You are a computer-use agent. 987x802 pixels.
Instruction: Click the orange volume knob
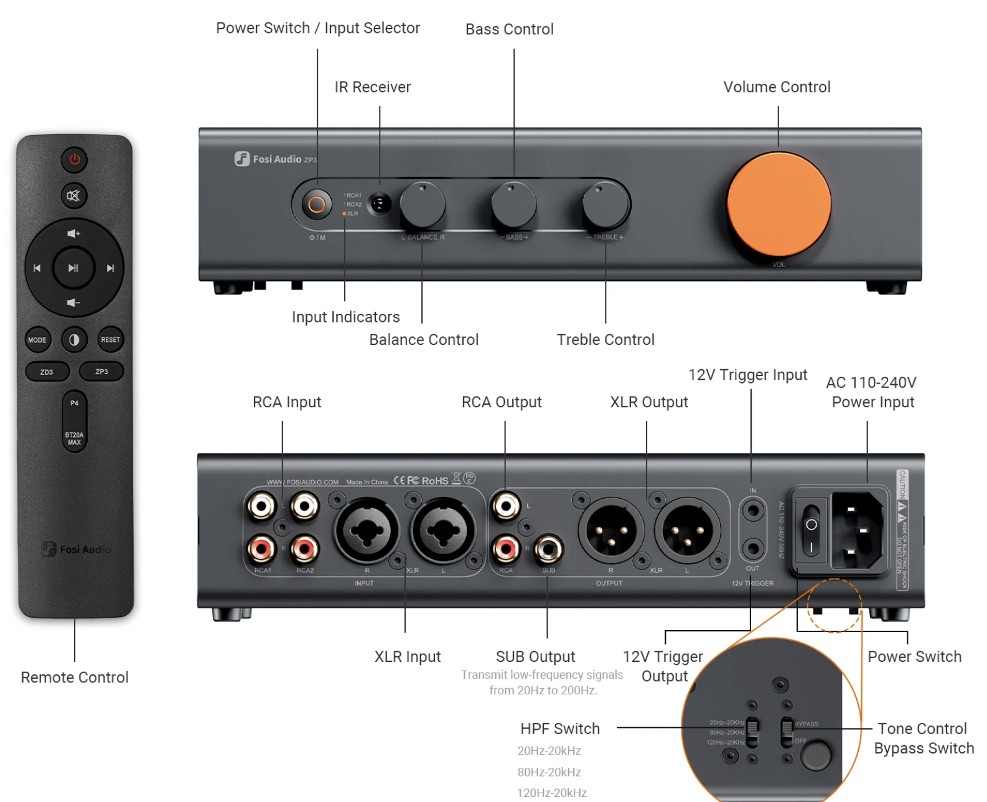[779, 204]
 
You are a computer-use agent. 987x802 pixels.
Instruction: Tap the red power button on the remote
[74, 159]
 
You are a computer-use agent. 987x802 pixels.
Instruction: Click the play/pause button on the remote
[73, 268]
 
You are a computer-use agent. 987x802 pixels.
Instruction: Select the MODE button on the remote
[37, 340]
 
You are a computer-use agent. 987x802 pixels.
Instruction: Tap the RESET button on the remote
[110, 340]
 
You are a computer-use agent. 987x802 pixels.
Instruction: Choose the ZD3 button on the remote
[47, 372]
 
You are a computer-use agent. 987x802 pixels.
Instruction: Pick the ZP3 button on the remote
[101, 372]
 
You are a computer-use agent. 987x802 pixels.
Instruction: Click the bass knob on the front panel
[513, 205]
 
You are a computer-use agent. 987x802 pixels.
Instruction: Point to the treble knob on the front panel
[605, 205]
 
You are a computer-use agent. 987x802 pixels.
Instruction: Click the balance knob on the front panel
[423, 205]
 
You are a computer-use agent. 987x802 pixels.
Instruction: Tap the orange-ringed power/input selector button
[317, 204]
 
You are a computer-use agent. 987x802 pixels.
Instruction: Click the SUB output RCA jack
[548, 549]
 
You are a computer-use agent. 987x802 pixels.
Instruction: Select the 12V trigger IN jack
[753, 511]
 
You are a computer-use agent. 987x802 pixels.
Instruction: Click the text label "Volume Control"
[777, 87]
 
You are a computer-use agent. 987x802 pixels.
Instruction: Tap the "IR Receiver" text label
[373, 87]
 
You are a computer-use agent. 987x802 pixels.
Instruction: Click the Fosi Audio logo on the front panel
[276, 159]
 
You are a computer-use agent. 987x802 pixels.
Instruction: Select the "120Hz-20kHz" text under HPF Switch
[552, 793]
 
